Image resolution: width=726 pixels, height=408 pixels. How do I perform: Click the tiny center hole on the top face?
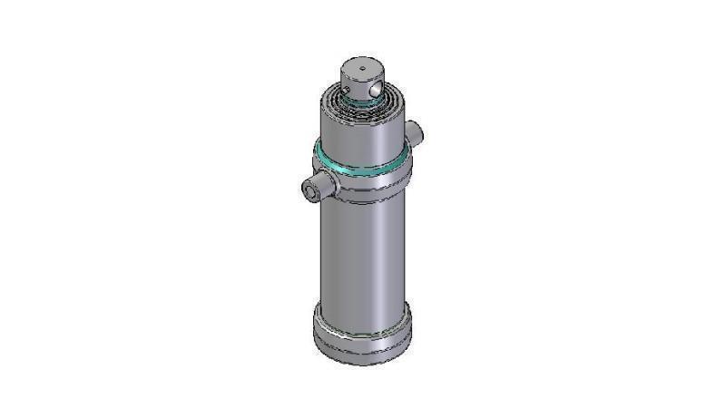tap(360, 67)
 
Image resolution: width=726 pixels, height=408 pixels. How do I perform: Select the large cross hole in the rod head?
tap(375, 91)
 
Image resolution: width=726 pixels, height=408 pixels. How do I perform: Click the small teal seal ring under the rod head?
tap(363, 103)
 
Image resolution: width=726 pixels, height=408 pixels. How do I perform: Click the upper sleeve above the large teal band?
tap(361, 129)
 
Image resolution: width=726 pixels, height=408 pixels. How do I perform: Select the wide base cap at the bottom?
tap(362, 335)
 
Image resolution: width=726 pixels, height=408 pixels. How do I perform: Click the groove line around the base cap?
tap(362, 347)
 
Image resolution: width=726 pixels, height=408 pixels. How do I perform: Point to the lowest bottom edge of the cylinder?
tap(362, 364)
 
